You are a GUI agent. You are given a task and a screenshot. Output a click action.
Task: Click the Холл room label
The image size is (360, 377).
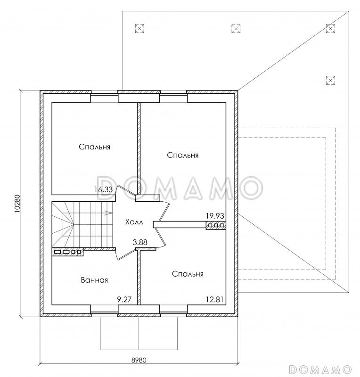tap(134, 221)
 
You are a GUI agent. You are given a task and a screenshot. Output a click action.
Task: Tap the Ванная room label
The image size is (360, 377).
tap(94, 280)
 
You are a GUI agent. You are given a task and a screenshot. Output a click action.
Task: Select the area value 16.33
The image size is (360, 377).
tap(103, 189)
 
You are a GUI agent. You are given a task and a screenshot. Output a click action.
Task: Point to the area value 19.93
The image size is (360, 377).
tap(215, 216)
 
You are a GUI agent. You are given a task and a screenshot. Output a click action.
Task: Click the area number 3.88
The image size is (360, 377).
tap(140, 242)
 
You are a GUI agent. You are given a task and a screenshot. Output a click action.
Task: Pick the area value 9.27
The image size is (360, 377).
tap(124, 299)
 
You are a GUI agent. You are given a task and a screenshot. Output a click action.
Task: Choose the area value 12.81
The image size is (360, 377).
tap(215, 299)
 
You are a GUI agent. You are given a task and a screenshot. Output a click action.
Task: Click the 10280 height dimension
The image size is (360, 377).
tap(17, 204)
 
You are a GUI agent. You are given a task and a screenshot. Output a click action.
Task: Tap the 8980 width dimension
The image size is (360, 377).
tap(139, 360)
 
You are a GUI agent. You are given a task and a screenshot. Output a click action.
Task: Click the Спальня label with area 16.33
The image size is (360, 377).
tap(95, 147)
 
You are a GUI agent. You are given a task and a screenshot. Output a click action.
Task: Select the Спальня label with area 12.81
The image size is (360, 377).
tap(188, 274)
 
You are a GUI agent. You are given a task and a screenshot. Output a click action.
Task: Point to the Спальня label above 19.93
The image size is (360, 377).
tap(183, 155)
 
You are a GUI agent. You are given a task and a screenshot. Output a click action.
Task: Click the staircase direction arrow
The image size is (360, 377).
tap(108, 213)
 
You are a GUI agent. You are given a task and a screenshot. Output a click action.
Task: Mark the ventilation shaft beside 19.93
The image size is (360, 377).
tap(216, 226)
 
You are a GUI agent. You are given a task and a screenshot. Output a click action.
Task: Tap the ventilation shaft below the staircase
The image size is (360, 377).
tap(67, 252)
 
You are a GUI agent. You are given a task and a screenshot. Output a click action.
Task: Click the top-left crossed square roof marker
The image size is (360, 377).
tap(139, 28)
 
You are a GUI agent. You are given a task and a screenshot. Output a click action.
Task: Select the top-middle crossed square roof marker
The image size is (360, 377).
tap(236, 28)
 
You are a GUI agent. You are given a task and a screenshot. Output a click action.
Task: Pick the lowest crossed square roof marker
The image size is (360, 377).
tap(330, 80)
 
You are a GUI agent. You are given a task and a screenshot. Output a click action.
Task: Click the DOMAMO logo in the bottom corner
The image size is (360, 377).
tap(320, 369)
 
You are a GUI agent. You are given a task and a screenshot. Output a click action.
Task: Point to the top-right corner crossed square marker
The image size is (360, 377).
tap(330, 28)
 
